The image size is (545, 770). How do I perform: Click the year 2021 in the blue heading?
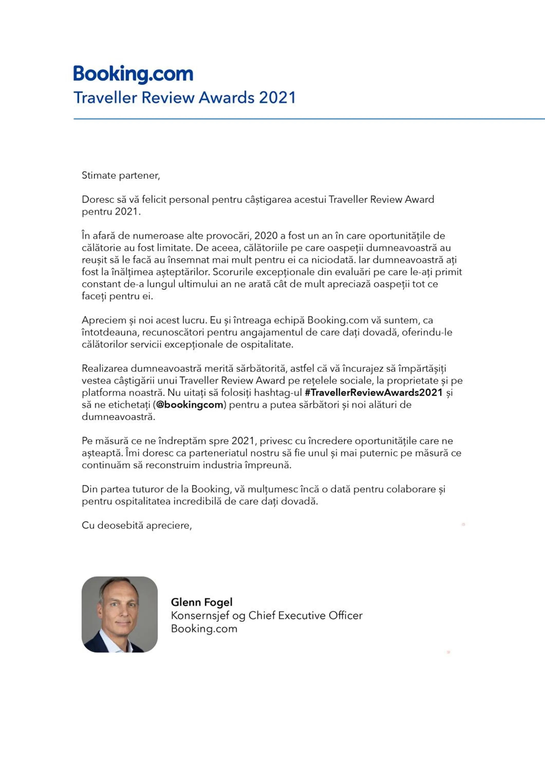point(278,98)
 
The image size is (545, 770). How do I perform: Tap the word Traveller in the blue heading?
point(105,98)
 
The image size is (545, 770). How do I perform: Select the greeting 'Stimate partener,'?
point(121,175)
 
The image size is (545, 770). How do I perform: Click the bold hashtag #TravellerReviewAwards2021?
point(373,392)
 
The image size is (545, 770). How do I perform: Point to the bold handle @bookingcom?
point(190,405)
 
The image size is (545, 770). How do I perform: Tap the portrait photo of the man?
point(119,614)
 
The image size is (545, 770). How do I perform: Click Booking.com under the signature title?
point(204,629)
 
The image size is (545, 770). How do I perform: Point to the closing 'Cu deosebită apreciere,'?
point(137,525)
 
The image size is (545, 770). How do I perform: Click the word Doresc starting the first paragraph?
point(98,199)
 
